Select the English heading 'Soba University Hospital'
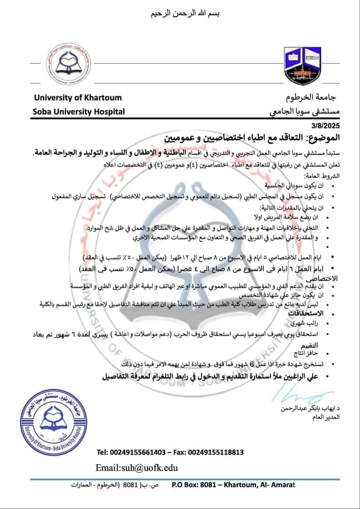pos(78,112)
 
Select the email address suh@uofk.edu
pos(137,468)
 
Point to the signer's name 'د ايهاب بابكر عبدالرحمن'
pos(314,409)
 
